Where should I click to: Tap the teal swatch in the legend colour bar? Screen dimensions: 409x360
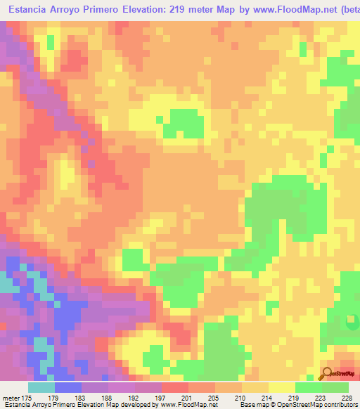point(41,387)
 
